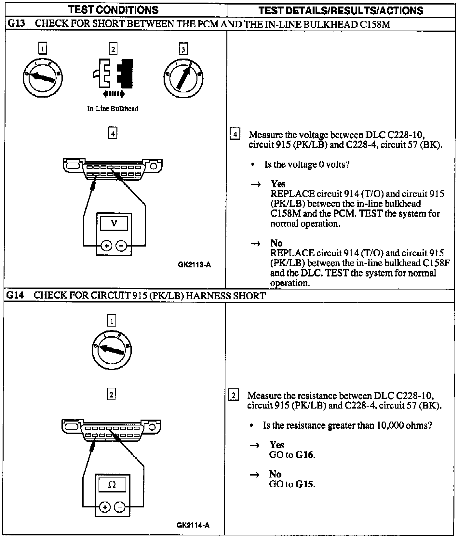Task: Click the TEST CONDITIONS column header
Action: point(114,10)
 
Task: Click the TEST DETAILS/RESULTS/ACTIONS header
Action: point(341,11)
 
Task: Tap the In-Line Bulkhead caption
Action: point(113,109)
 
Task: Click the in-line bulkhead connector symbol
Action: point(113,74)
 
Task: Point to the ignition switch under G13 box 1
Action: point(43,77)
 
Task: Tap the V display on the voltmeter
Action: point(114,223)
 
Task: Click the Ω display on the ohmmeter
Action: point(112,485)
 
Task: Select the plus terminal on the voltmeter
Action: point(106,246)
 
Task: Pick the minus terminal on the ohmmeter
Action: point(120,507)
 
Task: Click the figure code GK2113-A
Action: point(194,265)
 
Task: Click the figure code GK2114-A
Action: point(193,525)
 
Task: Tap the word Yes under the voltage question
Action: point(278,184)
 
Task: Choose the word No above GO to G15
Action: point(275,474)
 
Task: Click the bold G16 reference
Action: point(305,455)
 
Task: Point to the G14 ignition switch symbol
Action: point(112,350)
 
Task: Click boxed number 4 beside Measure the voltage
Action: point(235,134)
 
